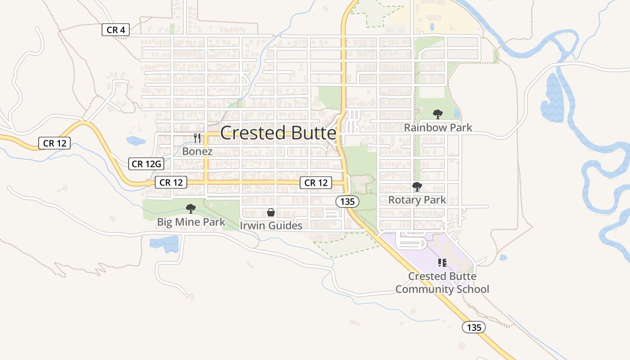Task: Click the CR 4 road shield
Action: (x=116, y=30)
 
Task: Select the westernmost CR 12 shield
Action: (x=55, y=144)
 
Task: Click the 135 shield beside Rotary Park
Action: (x=347, y=202)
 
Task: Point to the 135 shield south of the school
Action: (x=474, y=328)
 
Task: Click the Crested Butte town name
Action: (x=278, y=133)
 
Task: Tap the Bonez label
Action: (x=197, y=152)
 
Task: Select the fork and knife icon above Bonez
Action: (x=197, y=138)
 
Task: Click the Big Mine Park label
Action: (x=191, y=222)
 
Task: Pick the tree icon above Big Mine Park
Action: (x=191, y=209)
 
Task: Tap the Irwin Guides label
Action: (x=271, y=225)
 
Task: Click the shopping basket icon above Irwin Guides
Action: (x=271, y=212)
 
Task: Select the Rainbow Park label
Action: (x=438, y=128)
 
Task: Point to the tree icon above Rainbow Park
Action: (x=437, y=114)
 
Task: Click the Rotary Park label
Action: (x=417, y=200)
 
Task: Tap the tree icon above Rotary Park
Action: (x=417, y=186)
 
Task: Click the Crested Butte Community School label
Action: (x=442, y=283)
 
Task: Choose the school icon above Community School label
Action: (x=442, y=262)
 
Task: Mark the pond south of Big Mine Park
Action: (x=165, y=244)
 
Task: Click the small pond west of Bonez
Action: (x=135, y=141)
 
